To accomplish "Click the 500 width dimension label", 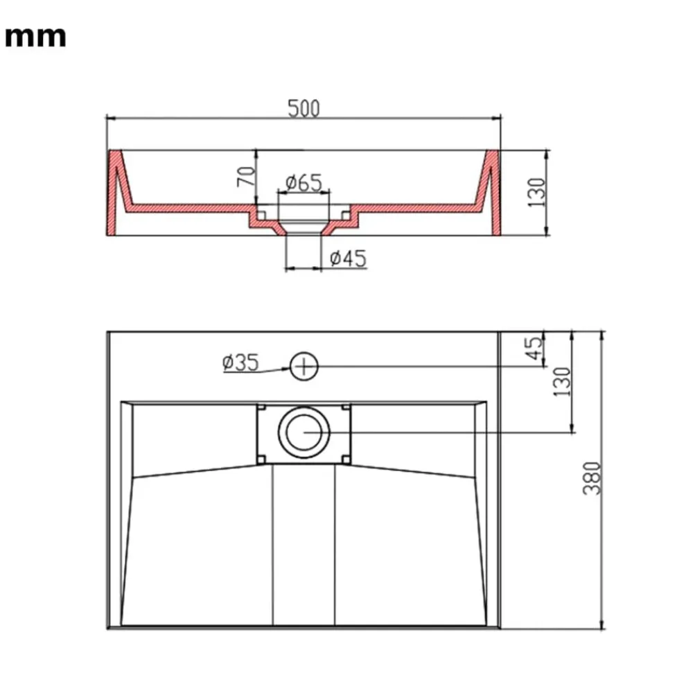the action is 304,108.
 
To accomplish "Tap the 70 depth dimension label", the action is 247,176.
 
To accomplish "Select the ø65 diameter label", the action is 304,182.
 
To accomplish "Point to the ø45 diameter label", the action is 349,258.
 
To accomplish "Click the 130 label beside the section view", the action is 537,192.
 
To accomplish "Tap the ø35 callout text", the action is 241,362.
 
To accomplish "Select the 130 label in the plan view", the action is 562,381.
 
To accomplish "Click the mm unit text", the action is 35,37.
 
